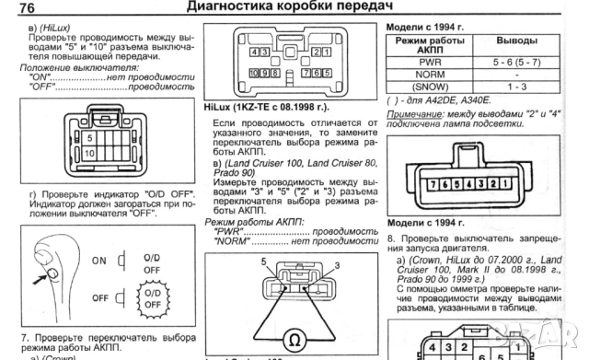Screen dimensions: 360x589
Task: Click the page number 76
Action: pyautogui.click(x=20, y=7)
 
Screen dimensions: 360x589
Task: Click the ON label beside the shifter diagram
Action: pyautogui.click(x=99, y=260)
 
